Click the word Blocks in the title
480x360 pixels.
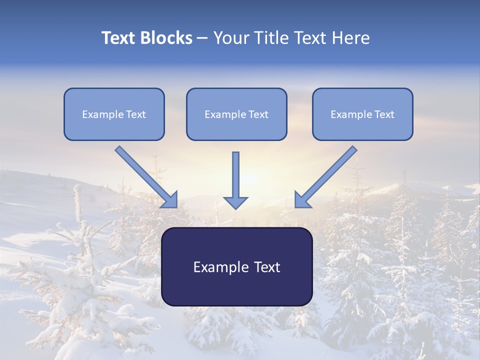tap(166, 38)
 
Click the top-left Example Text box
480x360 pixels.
tap(114, 114)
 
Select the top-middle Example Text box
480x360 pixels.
tap(236, 114)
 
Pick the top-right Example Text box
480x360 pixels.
tap(362, 114)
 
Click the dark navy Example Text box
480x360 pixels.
tap(236, 266)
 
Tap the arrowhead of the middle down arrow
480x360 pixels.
tap(235, 202)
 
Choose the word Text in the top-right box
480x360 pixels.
tap(384, 114)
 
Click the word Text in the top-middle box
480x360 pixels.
tap(258, 114)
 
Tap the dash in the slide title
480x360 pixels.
tap(202, 38)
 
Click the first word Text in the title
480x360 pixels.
tap(118, 38)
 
